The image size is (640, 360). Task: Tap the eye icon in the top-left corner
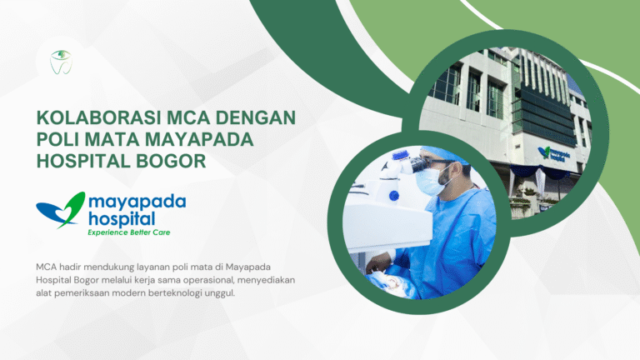click(61, 58)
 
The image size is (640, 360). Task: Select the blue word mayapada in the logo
click(137, 202)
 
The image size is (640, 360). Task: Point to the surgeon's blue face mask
click(430, 182)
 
